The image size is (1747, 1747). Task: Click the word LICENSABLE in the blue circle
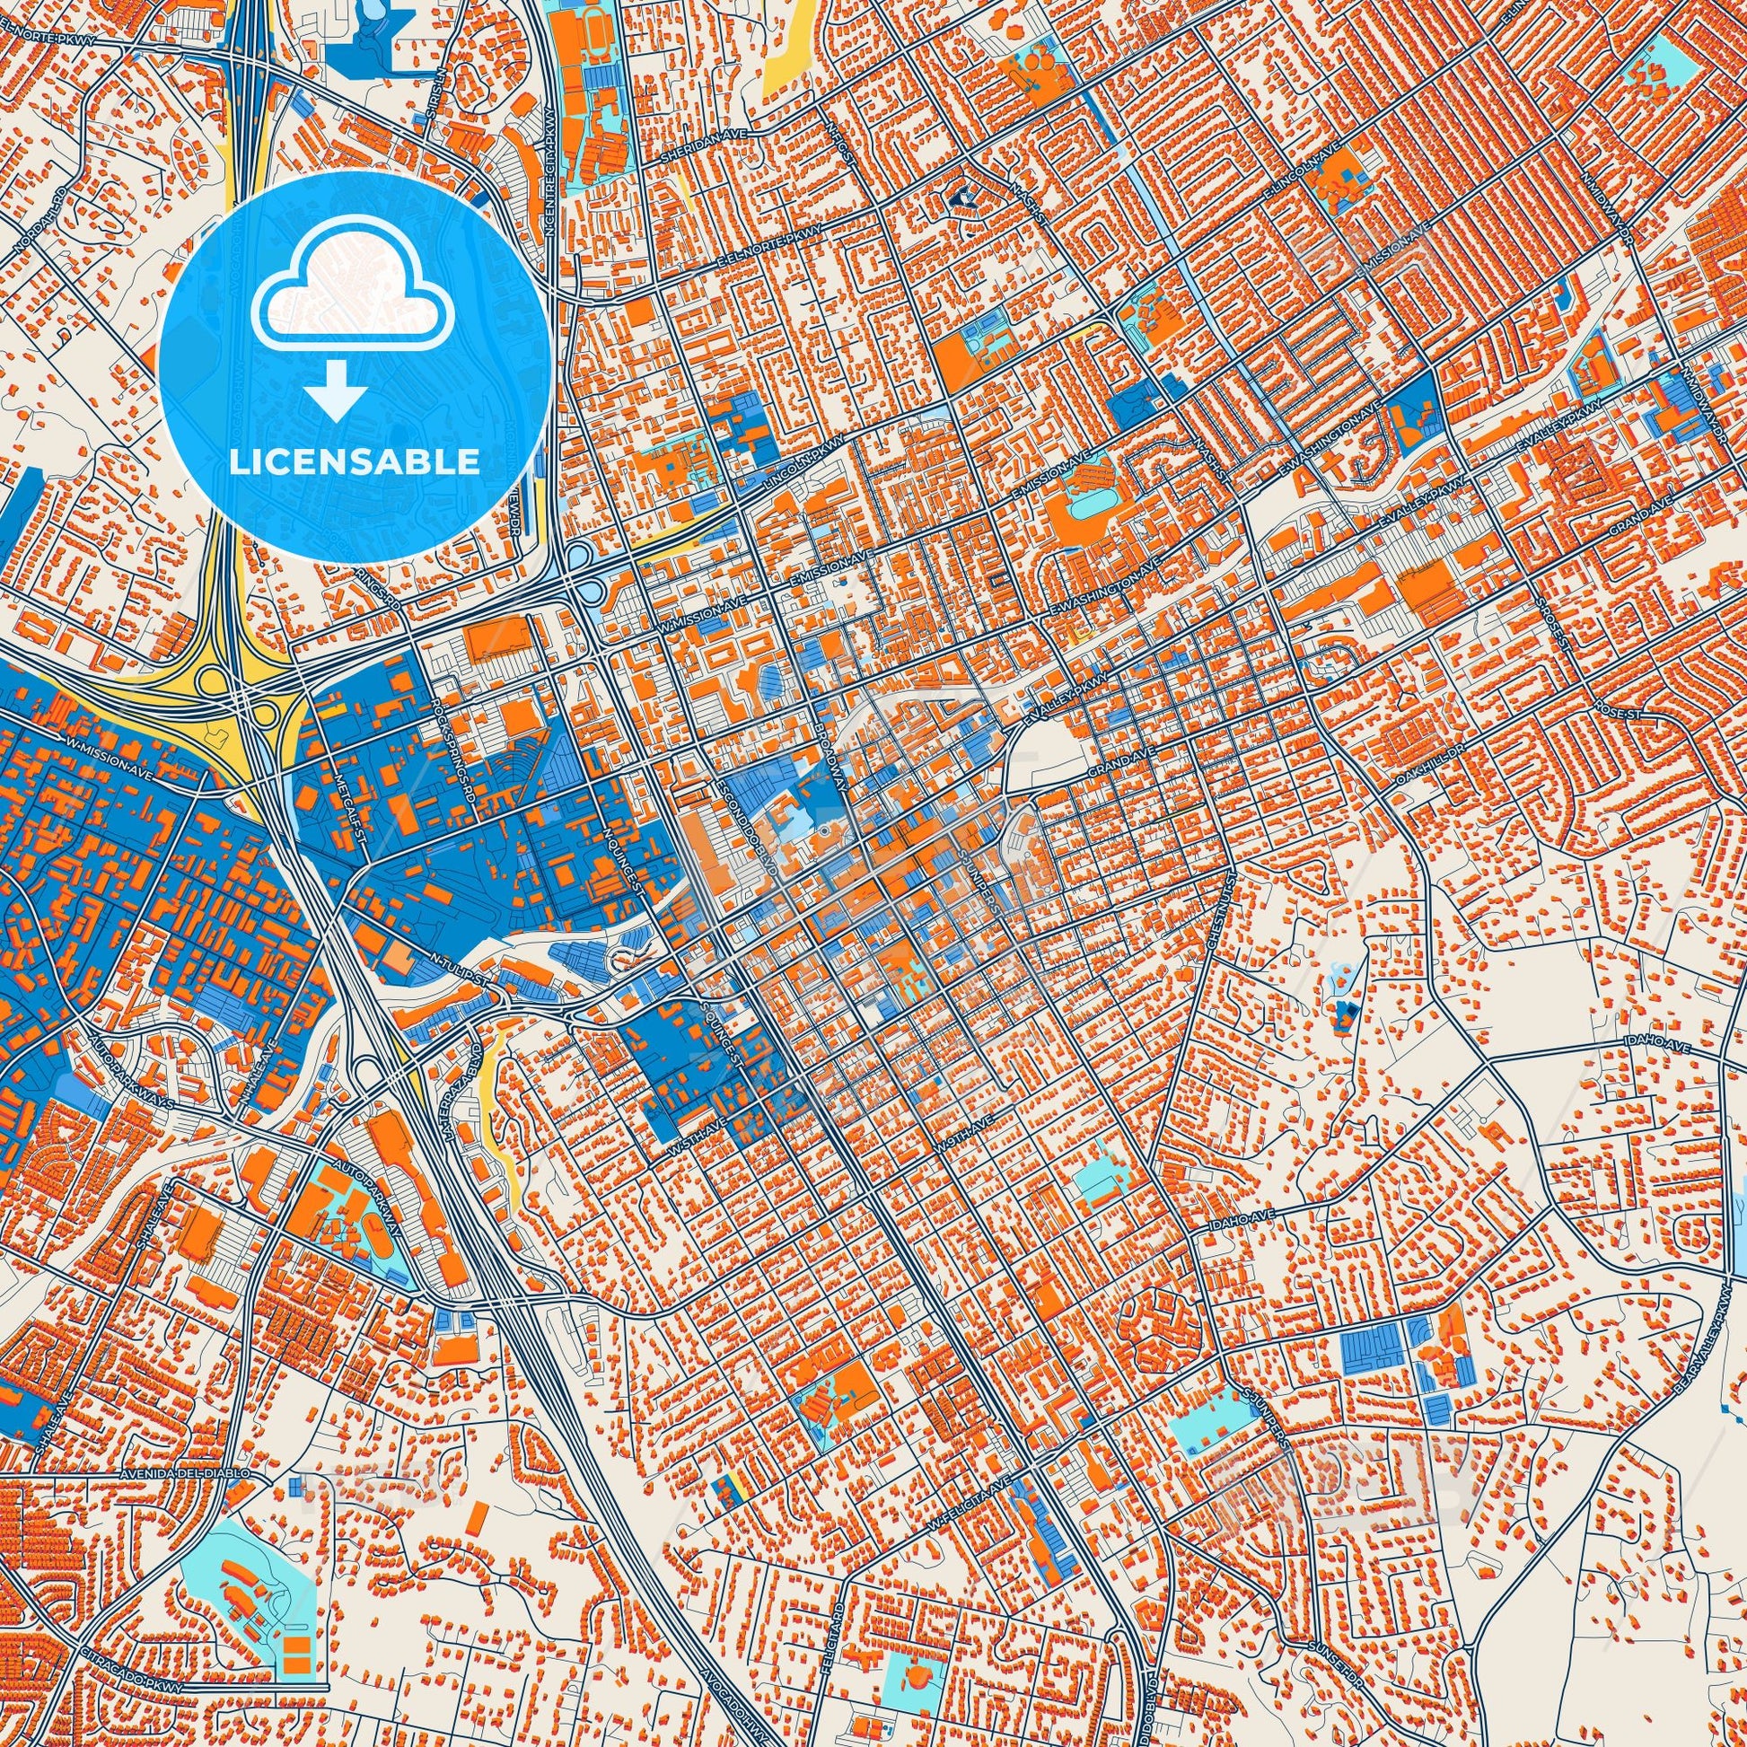click(x=355, y=462)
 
